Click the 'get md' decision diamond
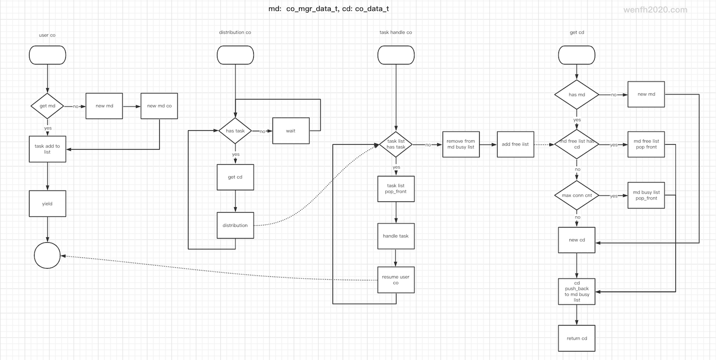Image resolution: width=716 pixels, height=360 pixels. pyautogui.click(x=47, y=106)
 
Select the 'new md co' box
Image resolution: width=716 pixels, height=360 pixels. pyautogui.click(x=159, y=106)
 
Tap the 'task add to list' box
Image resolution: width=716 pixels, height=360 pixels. pyautogui.click(x=47, y=149)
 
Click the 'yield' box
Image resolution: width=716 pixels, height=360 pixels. pyautogui.click(x=47, y=204)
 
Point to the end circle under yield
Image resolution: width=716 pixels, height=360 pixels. pyautogui.click(x=47, y=256)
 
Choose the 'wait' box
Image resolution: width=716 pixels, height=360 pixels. pyautogui.click(x=291, y=131)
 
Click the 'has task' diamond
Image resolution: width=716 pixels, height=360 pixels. pyautogui.click(x=235, y=131)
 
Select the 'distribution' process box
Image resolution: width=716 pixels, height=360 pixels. pyautogui.click(x=235, y=225)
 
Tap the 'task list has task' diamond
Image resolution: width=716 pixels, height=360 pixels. pyautogui.click(x=396, y=144)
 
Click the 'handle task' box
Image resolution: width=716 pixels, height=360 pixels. pyautogui.click(x=396, y=236)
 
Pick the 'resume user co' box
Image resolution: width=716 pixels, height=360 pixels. pyautogui.click(x=396, y=280)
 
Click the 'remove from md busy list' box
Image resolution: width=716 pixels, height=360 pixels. pyautogui.click(x=461, y=144)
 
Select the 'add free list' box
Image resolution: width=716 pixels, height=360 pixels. pyautogui.click(x=515, y=144)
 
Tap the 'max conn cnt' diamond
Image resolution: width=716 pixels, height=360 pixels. pyautogui.click(x=577, y=195)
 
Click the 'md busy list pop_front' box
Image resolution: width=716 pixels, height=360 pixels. pyautogui.click(x=646, y=195)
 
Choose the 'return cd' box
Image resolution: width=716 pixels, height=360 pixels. pyautogui.click(x=577, y=338)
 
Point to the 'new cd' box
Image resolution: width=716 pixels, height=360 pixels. pyautogui.click(x=577, y=240)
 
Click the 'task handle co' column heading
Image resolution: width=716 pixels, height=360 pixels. pyautogui.click(x=396, y=32)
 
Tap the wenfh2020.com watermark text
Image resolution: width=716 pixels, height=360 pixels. pyautogui.click(x=655, y=10)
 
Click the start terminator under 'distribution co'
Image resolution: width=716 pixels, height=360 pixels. pyautogui.click(x=235, y=55)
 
